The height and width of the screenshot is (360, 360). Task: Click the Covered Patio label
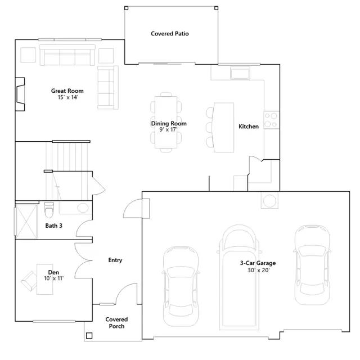click(170, 34)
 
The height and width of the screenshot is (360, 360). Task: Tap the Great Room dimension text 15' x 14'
click(67, 97)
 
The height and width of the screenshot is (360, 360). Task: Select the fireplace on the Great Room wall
click(20, 94)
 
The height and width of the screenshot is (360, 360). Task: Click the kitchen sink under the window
click(240, 73)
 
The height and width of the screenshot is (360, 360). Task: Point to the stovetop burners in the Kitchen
click(271, 120)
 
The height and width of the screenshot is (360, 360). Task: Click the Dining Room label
click(169, 124)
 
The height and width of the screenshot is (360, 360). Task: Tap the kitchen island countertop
click(224, 128)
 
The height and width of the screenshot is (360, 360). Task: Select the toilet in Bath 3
click(49, 210)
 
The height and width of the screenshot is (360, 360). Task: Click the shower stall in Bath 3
click(26, 222)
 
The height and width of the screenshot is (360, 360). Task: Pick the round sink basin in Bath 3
click(83, 208)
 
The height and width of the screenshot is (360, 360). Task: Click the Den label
click(53, 272)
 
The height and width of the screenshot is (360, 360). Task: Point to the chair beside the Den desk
click(29, 281)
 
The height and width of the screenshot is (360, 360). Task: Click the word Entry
click(115, 260)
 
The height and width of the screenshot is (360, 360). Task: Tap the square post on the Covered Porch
click(89, 336)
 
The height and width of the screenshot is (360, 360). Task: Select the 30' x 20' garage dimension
click(259, 270)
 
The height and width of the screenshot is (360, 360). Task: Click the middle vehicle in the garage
click(239, 277)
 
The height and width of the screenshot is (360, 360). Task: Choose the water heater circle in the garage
click(269, 201)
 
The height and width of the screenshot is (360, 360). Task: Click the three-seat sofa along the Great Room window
click(67, 55)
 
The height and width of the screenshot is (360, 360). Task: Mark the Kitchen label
click(249, 127)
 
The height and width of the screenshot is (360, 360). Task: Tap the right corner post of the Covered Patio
click(216, 8)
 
